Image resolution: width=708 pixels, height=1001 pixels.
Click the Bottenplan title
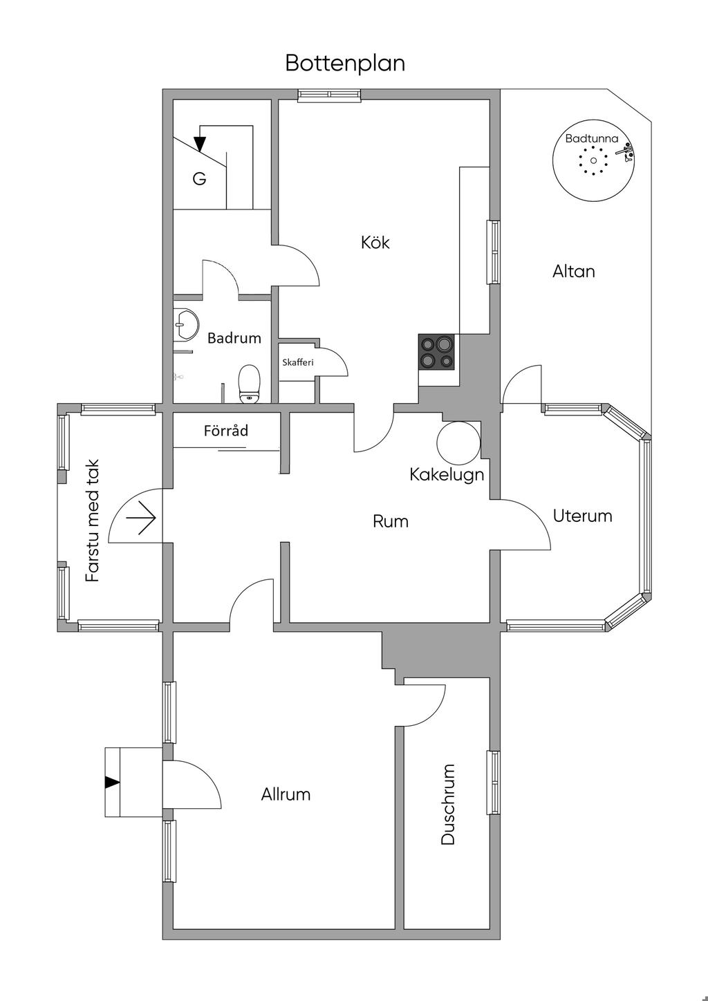coord(345,63)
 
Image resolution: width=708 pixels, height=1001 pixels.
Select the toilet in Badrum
coord(249,384)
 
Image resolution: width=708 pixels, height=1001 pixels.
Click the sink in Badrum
coord(185,324)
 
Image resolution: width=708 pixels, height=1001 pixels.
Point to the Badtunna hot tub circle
coord(593,162)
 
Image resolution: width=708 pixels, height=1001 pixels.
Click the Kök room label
coord(375,243)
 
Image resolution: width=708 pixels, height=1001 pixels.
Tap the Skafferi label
coord(298,362)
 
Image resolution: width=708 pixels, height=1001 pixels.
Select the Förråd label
coord(226,431)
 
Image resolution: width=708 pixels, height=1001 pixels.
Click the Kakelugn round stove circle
coord(458,442)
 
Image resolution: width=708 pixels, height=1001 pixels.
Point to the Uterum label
coord(582,516)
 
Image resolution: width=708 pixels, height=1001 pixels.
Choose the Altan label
coord(573,271)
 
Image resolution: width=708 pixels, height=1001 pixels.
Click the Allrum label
coord(286,794)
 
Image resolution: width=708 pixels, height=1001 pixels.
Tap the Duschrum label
coord(448,804)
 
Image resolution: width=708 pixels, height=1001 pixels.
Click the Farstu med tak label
coord(93,521)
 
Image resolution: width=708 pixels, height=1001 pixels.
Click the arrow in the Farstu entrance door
coord(146,518)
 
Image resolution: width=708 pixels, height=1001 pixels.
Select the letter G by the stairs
coord(199,179)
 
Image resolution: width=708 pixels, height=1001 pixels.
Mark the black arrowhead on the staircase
coord(200,144)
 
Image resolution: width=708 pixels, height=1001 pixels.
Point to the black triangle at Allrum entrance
coord(111,782)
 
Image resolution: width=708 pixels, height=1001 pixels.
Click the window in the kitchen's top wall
coord(329,95)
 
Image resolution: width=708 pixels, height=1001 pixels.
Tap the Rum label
coord(391,521)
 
